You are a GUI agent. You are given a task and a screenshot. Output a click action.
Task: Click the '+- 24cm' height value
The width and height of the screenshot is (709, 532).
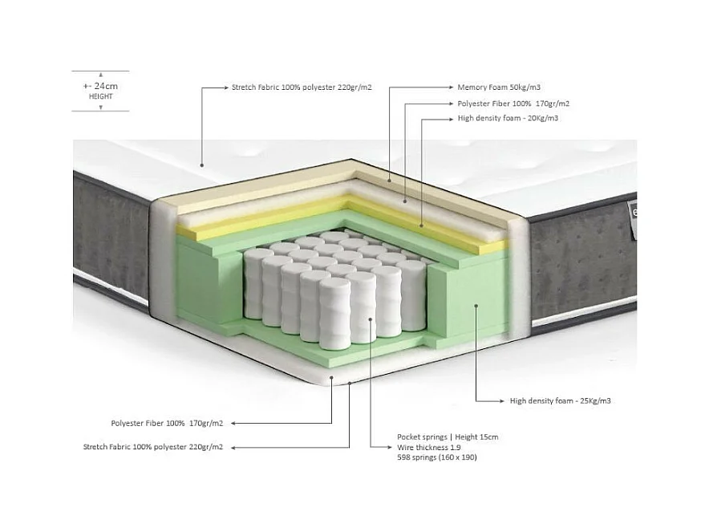coord(100,85)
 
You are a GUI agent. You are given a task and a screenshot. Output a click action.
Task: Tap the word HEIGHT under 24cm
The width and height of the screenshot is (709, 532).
coord(100,96)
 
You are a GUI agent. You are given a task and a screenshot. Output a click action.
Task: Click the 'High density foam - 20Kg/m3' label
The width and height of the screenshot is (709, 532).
coord(507,118)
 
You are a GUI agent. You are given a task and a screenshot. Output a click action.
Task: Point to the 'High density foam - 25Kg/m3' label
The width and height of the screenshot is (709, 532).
coord(560,400)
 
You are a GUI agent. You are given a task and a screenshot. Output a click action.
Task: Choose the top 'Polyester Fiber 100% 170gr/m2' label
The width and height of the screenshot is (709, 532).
coord(513,104)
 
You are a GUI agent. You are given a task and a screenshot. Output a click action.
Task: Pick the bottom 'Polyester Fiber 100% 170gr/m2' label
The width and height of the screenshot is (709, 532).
coord(167,422)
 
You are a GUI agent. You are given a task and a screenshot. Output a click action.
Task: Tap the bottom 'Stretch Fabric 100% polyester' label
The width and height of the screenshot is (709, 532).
coord(153,446)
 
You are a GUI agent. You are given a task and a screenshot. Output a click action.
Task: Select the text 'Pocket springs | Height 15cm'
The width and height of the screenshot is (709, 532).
coord(448,437)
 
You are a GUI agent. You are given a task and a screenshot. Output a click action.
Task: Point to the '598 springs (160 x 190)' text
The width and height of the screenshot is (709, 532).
coord(439,457)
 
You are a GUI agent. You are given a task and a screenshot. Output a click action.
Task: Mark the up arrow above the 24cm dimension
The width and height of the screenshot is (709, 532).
coord(100,74)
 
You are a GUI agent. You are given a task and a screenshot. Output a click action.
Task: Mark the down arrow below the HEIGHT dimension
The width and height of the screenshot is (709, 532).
coord(100,108)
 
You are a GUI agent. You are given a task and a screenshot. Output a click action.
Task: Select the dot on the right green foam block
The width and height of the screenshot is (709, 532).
coord(476,306)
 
